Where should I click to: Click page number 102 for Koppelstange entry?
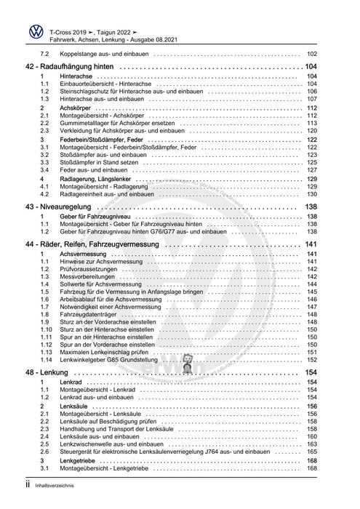pyautogui.click(x=312, y=55)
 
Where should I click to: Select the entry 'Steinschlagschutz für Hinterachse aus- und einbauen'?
pyautogui.click(x=120, y=92)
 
